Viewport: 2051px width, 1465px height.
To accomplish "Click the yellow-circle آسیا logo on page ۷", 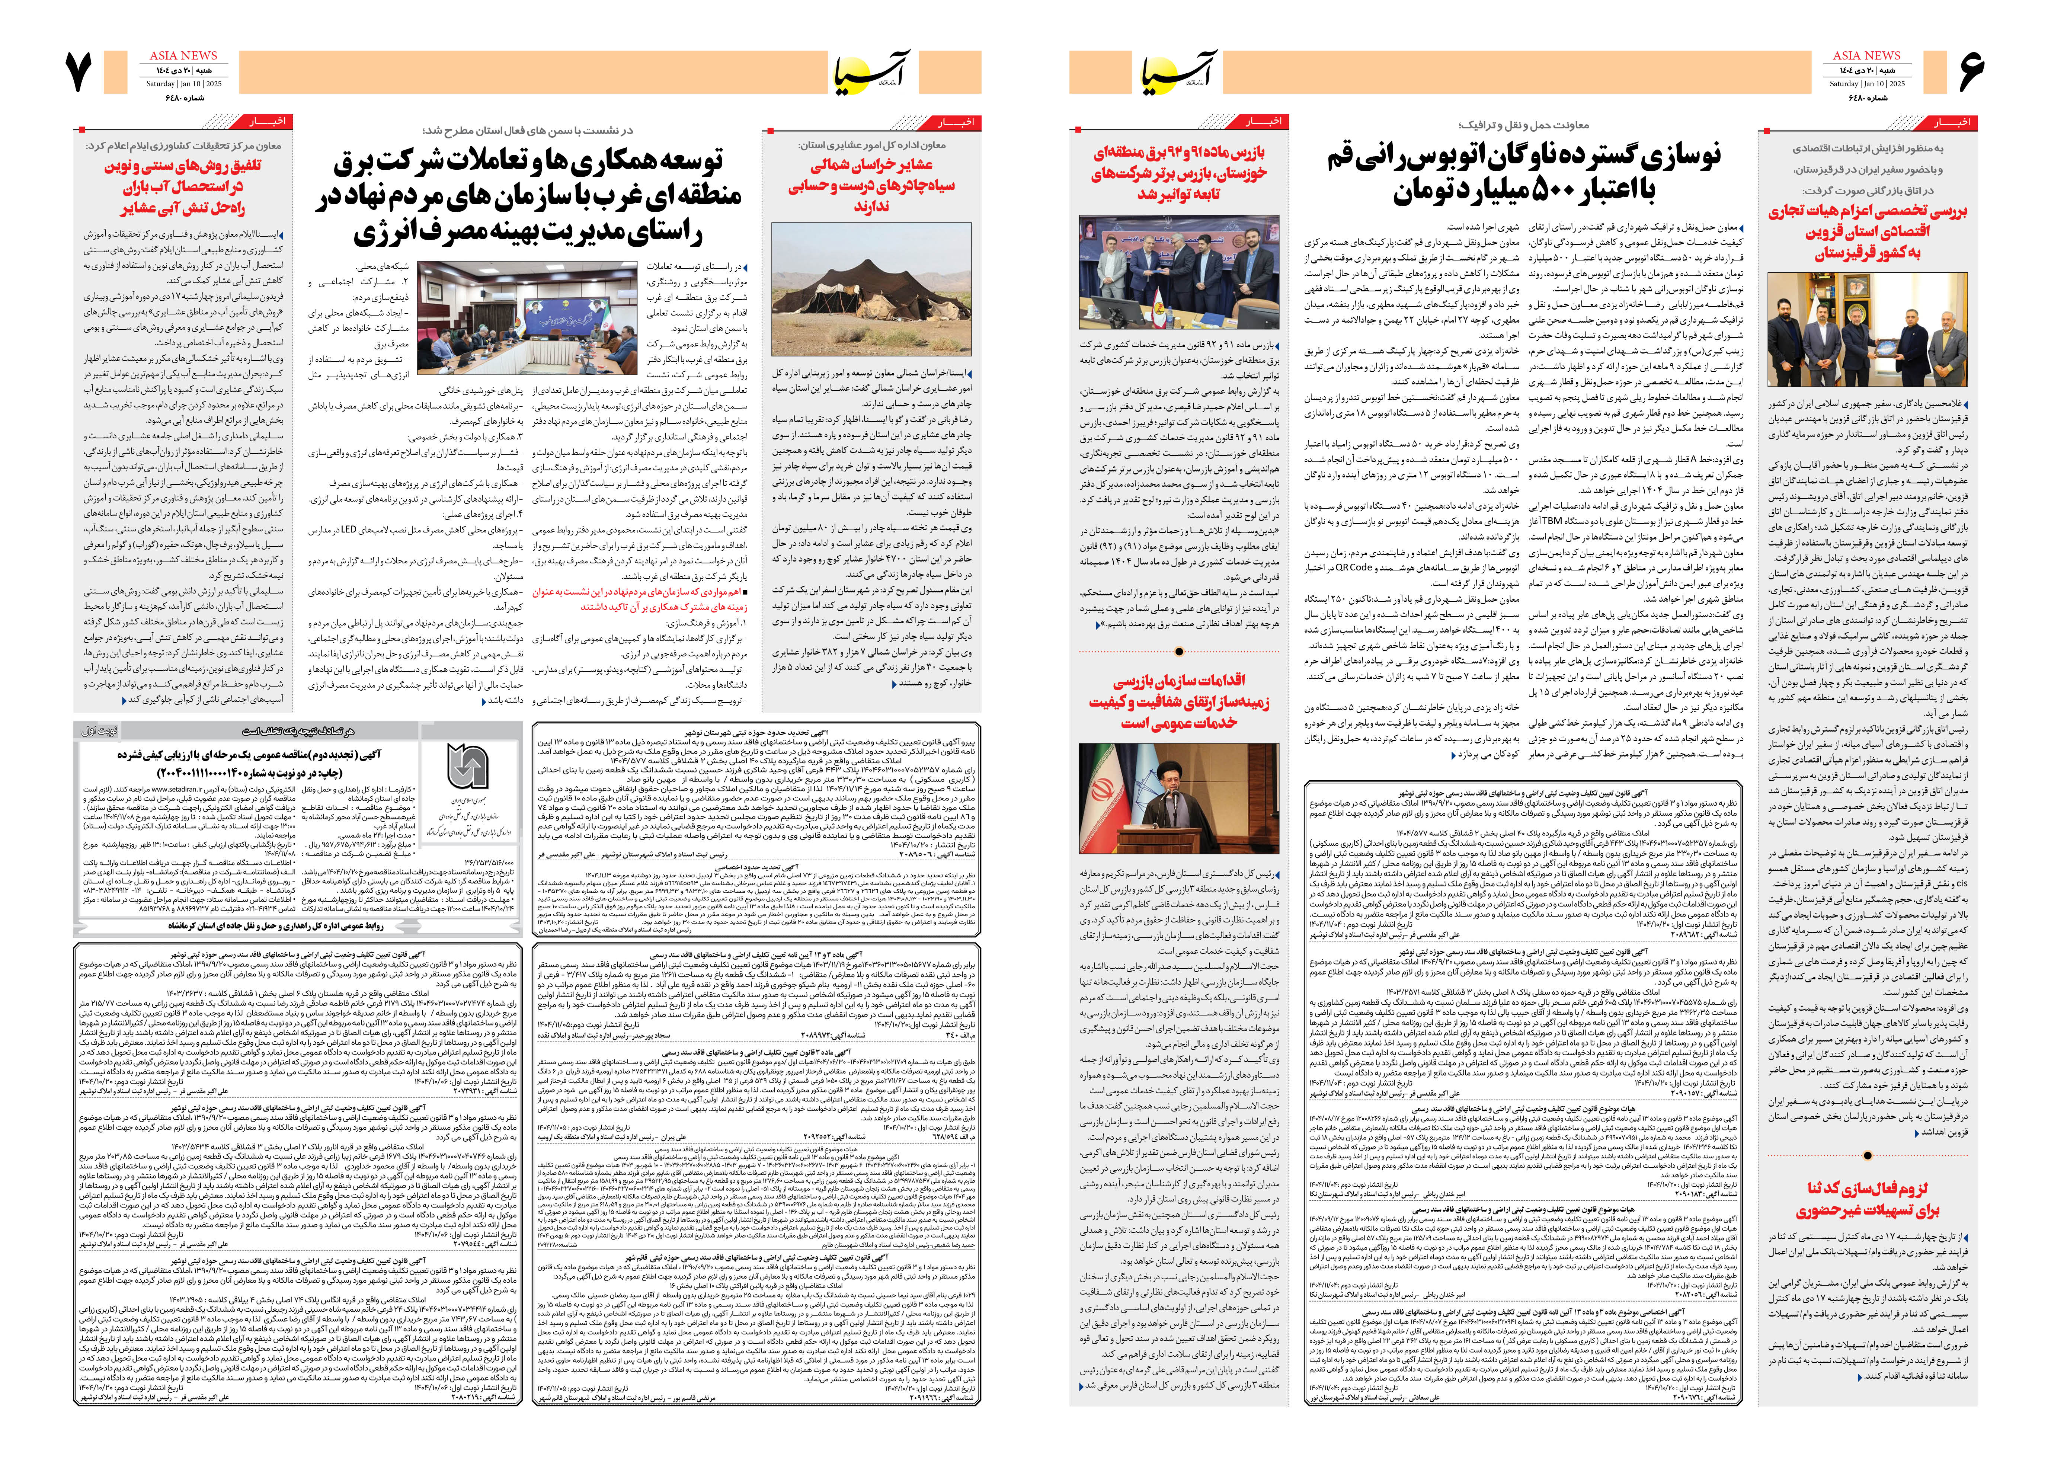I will (870, 72).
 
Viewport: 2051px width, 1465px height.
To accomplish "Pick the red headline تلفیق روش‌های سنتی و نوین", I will (183, 187).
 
